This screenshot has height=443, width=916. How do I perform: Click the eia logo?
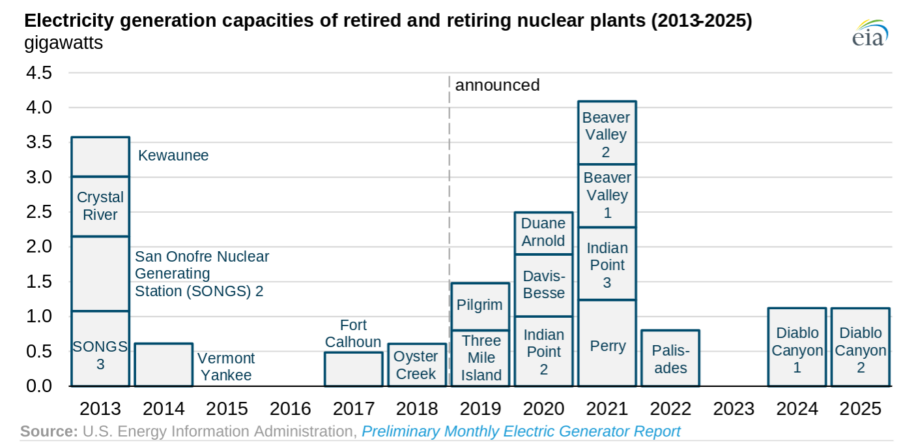(870, 33)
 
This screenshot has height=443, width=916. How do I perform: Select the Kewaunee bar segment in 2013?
(100, 157)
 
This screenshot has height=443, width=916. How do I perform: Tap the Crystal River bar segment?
(100, 206)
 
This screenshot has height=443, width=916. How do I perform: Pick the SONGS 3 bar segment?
(100, 348)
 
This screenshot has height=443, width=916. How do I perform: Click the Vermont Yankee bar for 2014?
(164, 365)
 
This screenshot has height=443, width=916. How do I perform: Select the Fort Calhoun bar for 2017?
(354, 369)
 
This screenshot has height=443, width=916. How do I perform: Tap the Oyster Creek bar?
(417, 365)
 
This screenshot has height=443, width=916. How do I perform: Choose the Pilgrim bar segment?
(481, 306)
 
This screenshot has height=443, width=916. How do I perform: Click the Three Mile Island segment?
(481, 358)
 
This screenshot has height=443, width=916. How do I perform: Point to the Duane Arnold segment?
(544, 234)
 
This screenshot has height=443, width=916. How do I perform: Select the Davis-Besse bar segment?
(544, 285)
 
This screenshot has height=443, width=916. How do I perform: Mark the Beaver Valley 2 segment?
(607, 132)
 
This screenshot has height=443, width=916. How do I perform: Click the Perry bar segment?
(607, 343)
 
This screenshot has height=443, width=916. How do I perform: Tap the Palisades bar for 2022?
(670, 358)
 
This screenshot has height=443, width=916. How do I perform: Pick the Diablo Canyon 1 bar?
(797, 347)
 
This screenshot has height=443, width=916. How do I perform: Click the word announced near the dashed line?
(498, 85)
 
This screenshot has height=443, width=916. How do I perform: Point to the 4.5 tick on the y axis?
(39, 73)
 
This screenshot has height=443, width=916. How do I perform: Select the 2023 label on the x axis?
(734, 408)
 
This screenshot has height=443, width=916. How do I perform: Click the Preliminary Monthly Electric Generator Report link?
(521, 431)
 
